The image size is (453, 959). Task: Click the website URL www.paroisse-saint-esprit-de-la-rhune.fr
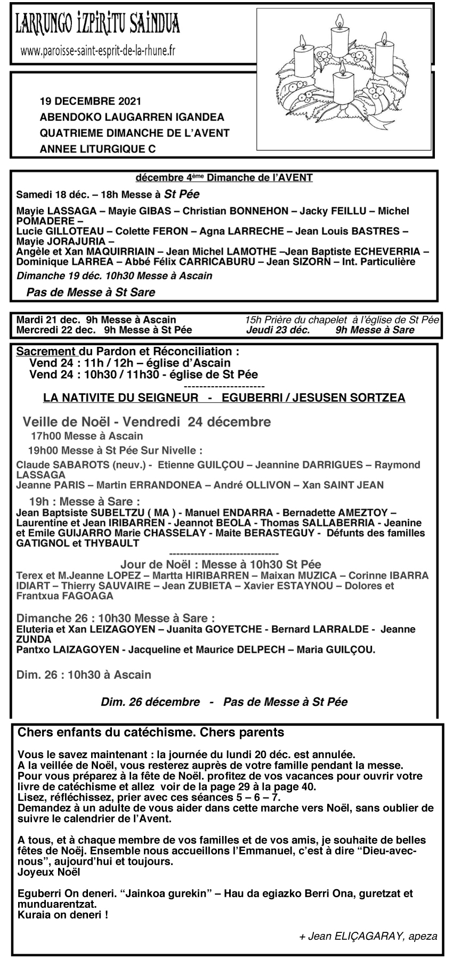click(x=98, y=51)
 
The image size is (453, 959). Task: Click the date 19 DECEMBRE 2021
click(x=91, y=101)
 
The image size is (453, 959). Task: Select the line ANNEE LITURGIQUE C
click(x=98, y=150)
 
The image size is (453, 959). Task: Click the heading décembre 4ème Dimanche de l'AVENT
click(x=224, y=178)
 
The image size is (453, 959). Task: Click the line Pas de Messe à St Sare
click(x=91, y=292)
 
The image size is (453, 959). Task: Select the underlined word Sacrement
click(x=46, y=352)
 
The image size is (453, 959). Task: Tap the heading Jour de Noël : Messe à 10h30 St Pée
click(x=228, y=564)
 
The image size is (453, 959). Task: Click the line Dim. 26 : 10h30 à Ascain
click(x=84, y=674)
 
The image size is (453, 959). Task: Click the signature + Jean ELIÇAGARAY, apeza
click(x=368, y=936)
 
